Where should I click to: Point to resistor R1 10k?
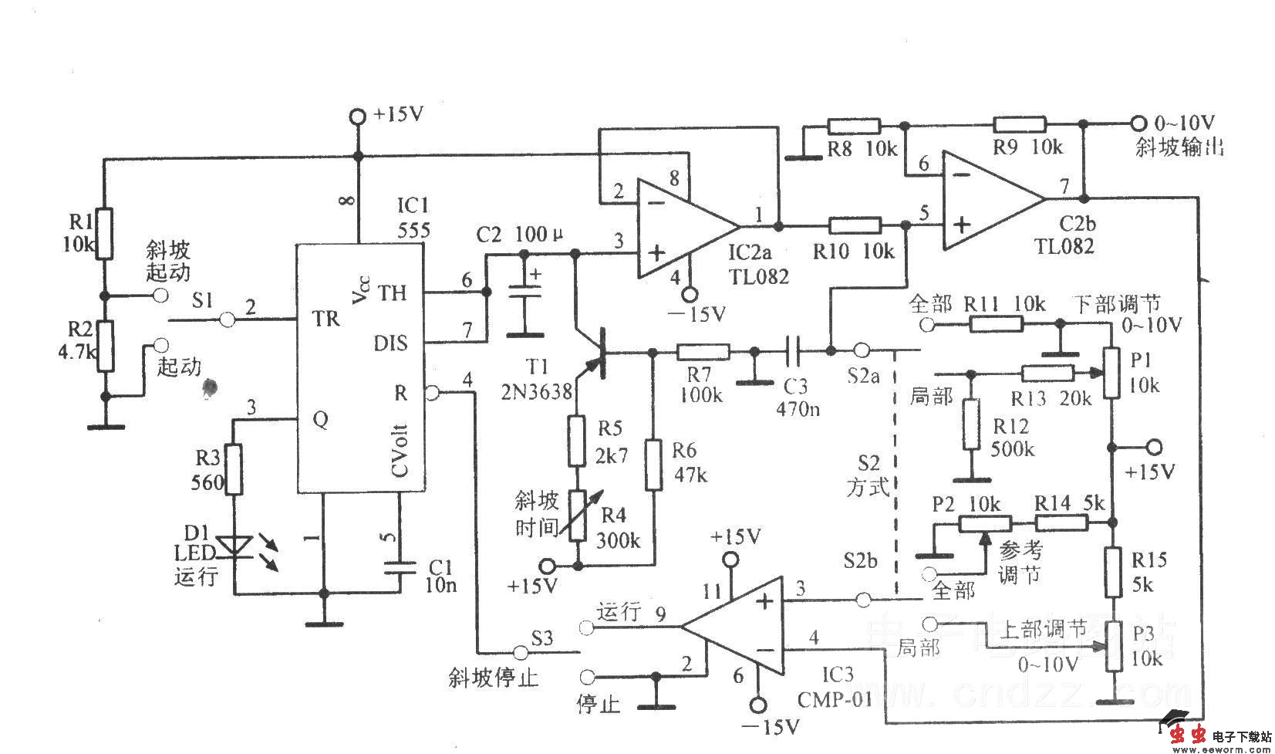pyautogui.click(x=104, y=234)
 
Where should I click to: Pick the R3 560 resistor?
pyautogui.click(x=234, y=469)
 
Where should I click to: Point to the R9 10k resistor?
pyautogui.click(x=1019, y=124)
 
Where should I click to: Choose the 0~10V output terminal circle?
pyautogui.click(x=1137, y=123)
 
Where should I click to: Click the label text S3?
pyautogui.click(x=542, y=638)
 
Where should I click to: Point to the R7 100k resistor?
pyautogui.click(x=703, y=353)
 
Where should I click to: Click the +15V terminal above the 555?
pyautogui.click(x=356, y=117)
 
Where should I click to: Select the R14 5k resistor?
pyautogui.click(x=1061, y=523)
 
